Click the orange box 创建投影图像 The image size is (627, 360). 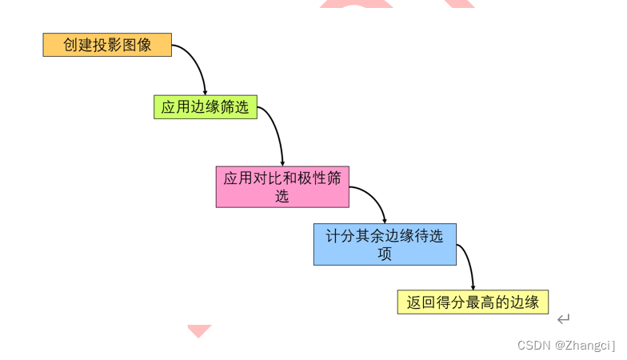107,45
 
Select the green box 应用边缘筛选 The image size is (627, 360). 206,107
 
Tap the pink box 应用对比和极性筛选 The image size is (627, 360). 282,186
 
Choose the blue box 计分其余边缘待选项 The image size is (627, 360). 385,244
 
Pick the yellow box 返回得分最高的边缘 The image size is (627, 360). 473,302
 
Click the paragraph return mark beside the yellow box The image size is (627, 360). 563,319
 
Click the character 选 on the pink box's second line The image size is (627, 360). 282,196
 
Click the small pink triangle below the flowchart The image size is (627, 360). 199,330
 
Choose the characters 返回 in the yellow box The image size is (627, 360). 421,302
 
